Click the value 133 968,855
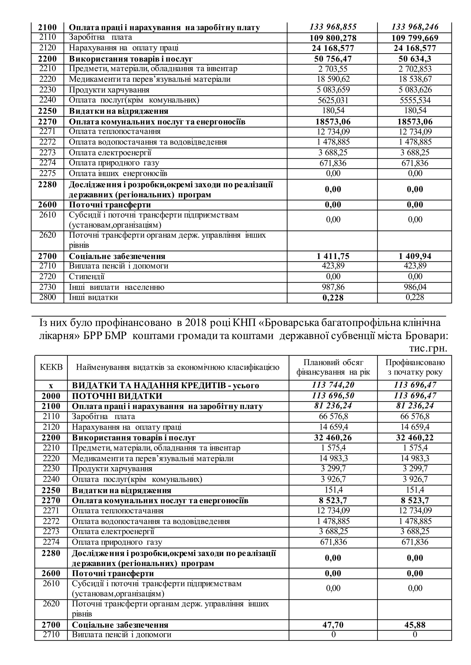(333, 27)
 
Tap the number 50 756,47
(333, 59)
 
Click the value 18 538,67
(415, 79)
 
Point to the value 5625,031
(333, 100)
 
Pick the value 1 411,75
(333, 256)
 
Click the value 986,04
(415, 287)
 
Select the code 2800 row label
(48, 297)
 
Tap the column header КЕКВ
(51, 367)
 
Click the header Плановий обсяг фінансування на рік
(333, 367)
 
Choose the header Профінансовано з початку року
(415, 367)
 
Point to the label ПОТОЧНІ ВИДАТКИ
(117, 396)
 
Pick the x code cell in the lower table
(51, 386)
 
